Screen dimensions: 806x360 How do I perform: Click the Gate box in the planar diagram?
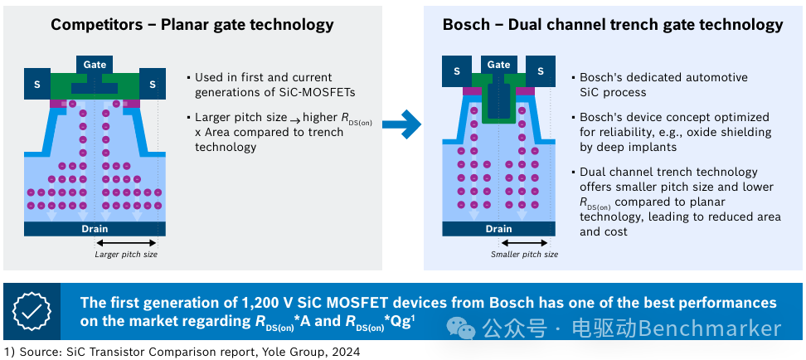coord(95,65)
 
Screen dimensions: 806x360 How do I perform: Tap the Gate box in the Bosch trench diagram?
coord(498,65)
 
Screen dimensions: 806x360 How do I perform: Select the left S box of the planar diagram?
coord(37,85)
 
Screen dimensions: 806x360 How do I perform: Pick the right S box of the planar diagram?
coord(152,85)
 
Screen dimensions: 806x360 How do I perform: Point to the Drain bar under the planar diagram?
coord(95,229)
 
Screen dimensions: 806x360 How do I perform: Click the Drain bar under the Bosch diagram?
coord(498,229)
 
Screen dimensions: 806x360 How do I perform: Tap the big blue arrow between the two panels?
coord(401,124)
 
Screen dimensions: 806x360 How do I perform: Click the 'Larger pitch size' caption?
coord(126,254)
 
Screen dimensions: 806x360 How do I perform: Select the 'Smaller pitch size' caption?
coord(524,254)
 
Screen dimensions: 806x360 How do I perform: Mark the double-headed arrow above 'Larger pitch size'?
coord(126,242)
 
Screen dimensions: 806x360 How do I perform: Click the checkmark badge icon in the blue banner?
coord(32,312)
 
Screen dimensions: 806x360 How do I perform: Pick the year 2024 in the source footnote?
coord(346,353)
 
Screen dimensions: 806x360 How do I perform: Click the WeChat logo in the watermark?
coord(460,328)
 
